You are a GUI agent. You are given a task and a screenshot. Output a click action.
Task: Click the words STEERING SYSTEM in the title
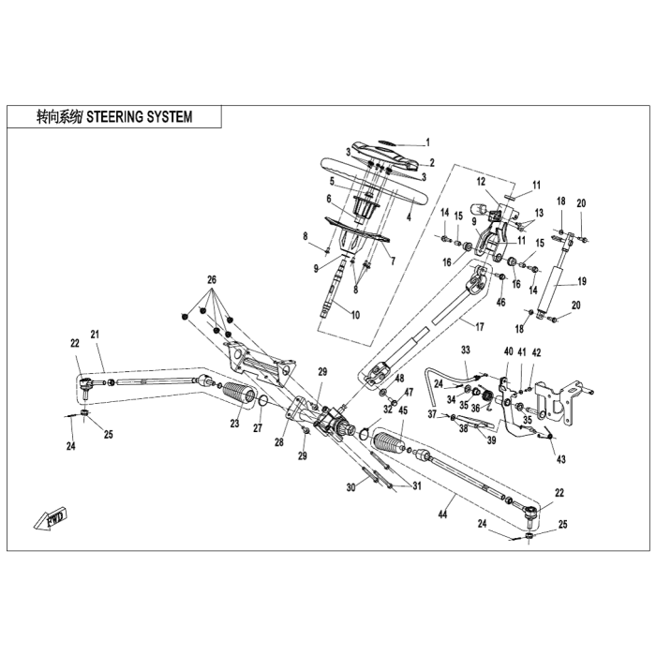(x=140, y=117)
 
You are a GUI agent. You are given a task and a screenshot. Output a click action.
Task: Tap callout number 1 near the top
(x=427, y=142)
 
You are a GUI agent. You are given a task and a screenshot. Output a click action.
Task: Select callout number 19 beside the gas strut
(x=582, y=281)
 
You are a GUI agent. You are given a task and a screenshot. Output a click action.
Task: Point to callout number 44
(x=442, y=514)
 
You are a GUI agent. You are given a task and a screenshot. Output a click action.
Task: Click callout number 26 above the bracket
(x=212, y=279)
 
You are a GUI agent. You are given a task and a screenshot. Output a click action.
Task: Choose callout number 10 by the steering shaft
(x=355, y=314)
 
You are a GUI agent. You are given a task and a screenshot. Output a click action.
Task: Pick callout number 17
(x=479, y=326)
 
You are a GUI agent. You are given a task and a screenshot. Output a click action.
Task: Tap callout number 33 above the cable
(x=466, y=350)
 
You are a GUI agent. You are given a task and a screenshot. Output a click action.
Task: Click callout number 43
(x=560, y=459)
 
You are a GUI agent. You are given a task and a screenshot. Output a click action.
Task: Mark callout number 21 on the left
(x=95, y=334)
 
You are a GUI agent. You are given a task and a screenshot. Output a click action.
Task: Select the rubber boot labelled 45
(x=389, y=441)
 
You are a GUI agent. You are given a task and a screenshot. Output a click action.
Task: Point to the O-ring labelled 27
(x=262, y=402)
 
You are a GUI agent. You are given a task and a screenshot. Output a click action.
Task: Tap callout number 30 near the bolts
(x=351, y=487)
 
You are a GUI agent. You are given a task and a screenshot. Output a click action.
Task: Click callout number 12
(x=481, y=182)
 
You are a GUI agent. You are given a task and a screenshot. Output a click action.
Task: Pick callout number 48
(x=399, y=379)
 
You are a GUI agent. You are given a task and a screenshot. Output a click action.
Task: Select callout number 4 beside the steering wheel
(x=409, y=217)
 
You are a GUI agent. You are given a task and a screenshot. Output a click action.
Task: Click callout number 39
(x=491, y=440)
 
